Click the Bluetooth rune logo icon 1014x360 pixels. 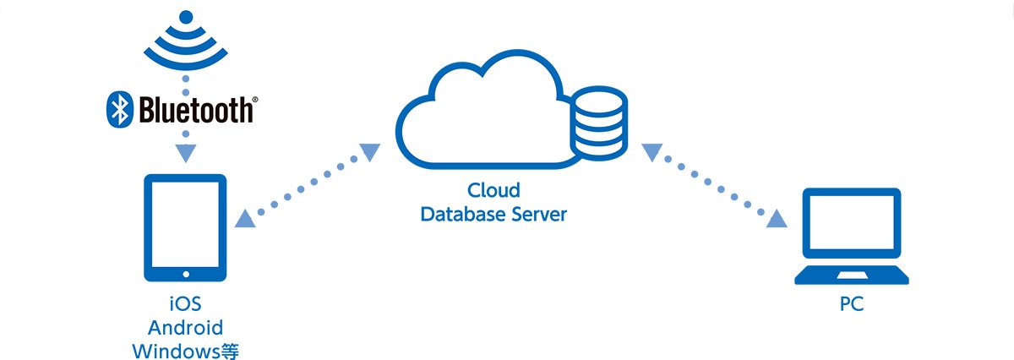pos(120,109)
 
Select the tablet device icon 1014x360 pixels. pos(185,228)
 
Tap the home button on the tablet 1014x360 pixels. pos(185,273)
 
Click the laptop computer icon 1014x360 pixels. pos(851,239)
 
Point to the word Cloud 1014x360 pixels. pos(493,190)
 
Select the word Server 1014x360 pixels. pos(539,214)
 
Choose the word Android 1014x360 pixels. pos(185,327)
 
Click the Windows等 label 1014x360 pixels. pos(185,349)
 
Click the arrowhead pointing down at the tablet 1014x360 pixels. pos(185,155)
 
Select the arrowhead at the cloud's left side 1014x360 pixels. pos(371,153)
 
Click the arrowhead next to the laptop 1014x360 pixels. pos(777,219)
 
